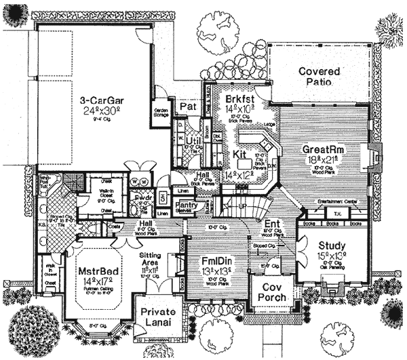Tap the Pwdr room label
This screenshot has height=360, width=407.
(x=143, y=198)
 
